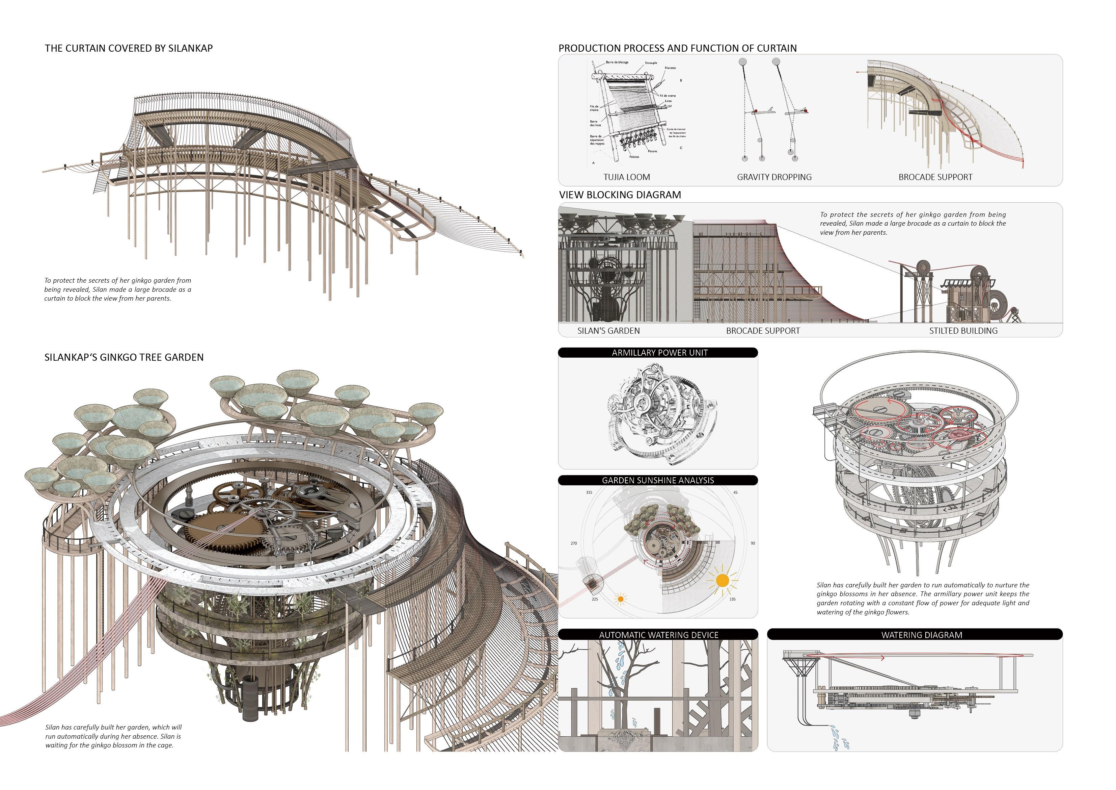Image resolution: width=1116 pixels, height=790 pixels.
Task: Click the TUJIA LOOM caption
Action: pos(627,177)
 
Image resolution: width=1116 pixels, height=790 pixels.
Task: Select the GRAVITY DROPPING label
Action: pos(774,177)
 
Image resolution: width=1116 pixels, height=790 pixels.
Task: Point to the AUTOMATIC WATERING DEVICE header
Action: pos(658,635)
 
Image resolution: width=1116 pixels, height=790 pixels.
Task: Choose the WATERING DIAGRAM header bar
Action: pos(922,635)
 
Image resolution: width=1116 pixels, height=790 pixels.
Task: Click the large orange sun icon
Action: pos(722,580)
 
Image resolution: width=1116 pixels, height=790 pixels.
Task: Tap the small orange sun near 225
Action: pos(620,599)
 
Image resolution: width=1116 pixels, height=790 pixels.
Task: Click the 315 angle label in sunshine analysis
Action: pos(589,492)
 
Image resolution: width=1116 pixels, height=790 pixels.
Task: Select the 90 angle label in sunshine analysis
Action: pos(753,543)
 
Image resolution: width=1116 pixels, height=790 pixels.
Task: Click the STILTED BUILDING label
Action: pos(963,331)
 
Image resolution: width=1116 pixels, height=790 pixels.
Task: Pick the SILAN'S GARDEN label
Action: pos(608,331)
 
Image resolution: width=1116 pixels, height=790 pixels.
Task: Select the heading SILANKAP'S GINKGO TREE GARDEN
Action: pos(124,357)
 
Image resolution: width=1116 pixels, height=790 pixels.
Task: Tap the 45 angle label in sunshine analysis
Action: pos(735,492)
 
